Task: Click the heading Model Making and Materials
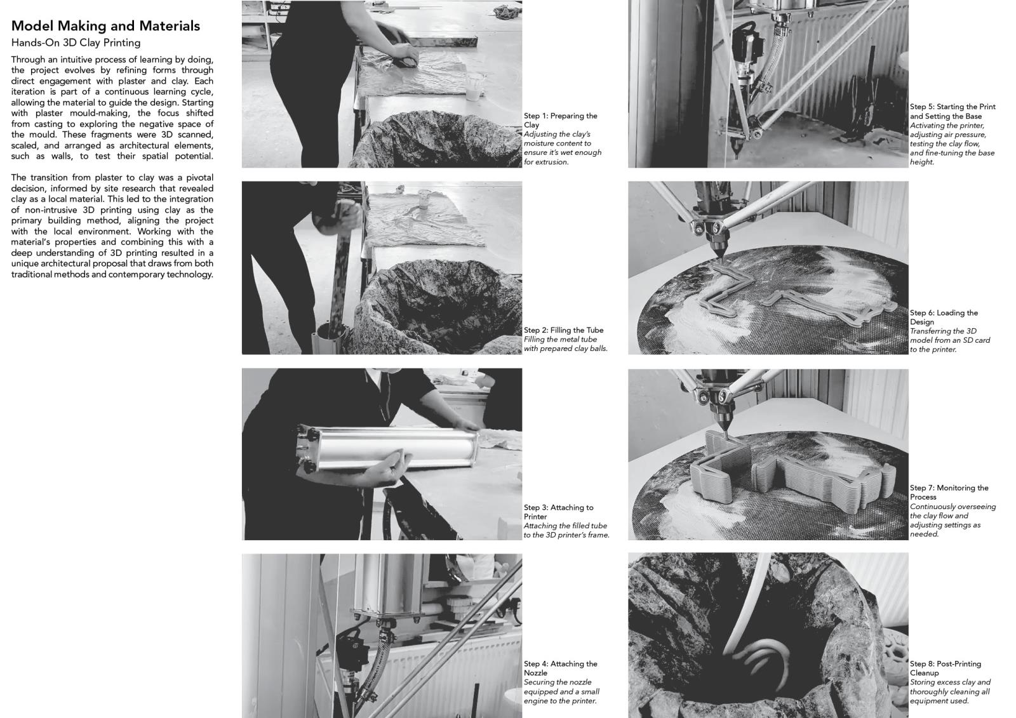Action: (x=105, y=26)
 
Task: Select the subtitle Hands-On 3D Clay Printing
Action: (x=76, y=43)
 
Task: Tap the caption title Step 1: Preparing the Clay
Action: (x=561, y=120)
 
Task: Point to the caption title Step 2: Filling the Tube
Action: (x=564, y=330)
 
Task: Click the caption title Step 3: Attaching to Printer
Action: (x=558, y=512)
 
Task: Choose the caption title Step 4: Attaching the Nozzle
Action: (x=561, y=668)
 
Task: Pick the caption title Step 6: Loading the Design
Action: (x=944, y=317)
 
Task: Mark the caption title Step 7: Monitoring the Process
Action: (x=949, y=492)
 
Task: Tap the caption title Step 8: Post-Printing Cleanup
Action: (x=946, y=668)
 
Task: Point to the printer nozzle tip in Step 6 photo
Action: (x=720, y=259)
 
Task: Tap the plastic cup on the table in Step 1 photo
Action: (x=474, y=87)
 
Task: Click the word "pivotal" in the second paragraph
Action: (x=199, y=177)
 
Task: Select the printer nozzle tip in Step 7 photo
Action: (x=725, y=436)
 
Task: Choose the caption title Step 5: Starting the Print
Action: (x=952, y=111)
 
